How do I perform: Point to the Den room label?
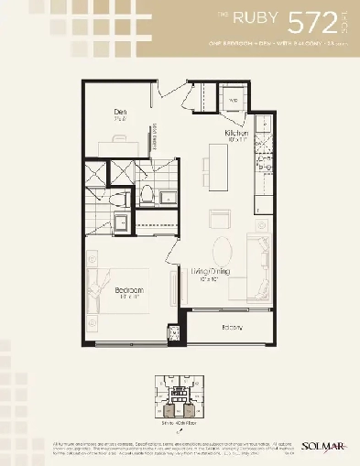click(120, 114)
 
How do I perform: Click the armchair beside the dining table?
click(221, 218)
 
